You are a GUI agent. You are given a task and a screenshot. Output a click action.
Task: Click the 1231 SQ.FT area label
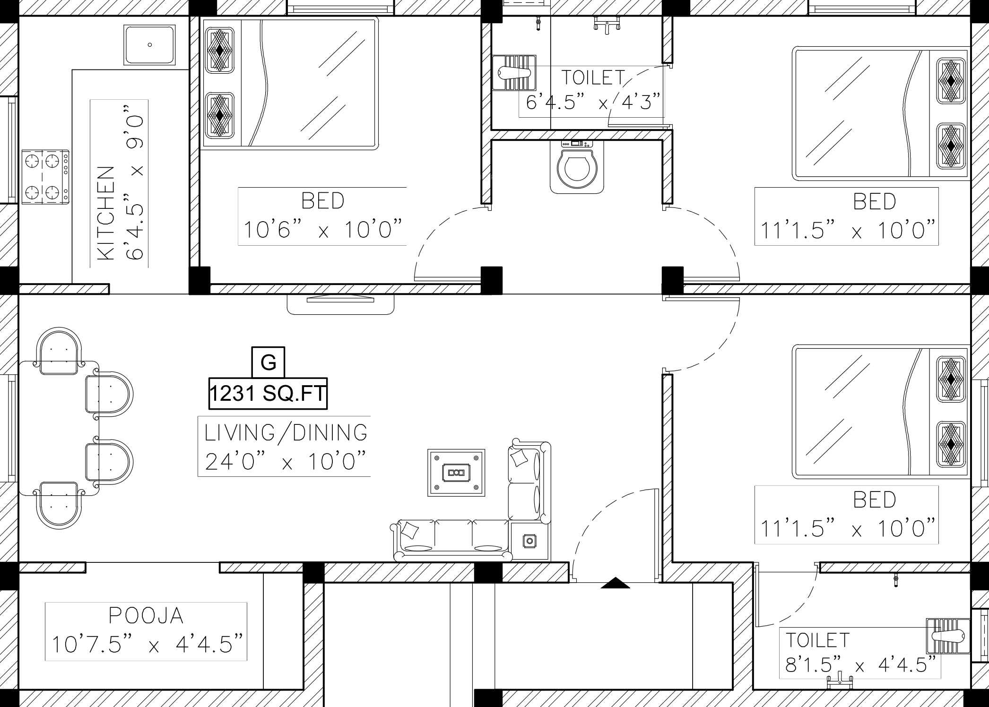(x=268, y=393)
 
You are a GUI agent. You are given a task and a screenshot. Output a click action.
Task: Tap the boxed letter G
(x=268, y=362)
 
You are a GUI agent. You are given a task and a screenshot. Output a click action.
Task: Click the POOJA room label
(x=146, y=616)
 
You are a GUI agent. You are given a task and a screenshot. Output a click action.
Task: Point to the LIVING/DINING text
(x=286, y=432)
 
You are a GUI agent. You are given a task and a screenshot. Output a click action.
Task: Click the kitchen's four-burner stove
(x=45, y=177)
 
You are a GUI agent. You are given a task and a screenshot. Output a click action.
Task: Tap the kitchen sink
(x=149, y=45)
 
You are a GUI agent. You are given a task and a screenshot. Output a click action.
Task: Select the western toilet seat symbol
(x=577, y=166)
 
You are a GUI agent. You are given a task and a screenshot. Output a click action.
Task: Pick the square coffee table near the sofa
(x=456, y=473)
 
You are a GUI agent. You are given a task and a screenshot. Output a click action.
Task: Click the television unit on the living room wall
(x=340, y=304)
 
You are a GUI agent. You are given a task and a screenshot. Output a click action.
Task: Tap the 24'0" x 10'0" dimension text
(x=286, y=461)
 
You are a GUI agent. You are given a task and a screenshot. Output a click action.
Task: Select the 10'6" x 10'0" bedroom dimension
(x=323, y=230)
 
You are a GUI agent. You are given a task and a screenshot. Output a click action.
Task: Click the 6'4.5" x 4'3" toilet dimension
(x=593, y=102)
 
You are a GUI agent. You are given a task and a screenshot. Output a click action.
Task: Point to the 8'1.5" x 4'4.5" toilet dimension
(x=860, y=665)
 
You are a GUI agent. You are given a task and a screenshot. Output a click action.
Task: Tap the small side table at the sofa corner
(x=530, y=541)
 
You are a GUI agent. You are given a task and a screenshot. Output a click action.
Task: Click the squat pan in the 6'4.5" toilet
(x=514, y=73)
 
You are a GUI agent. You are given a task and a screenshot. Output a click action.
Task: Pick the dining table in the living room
(x=59, y=428)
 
